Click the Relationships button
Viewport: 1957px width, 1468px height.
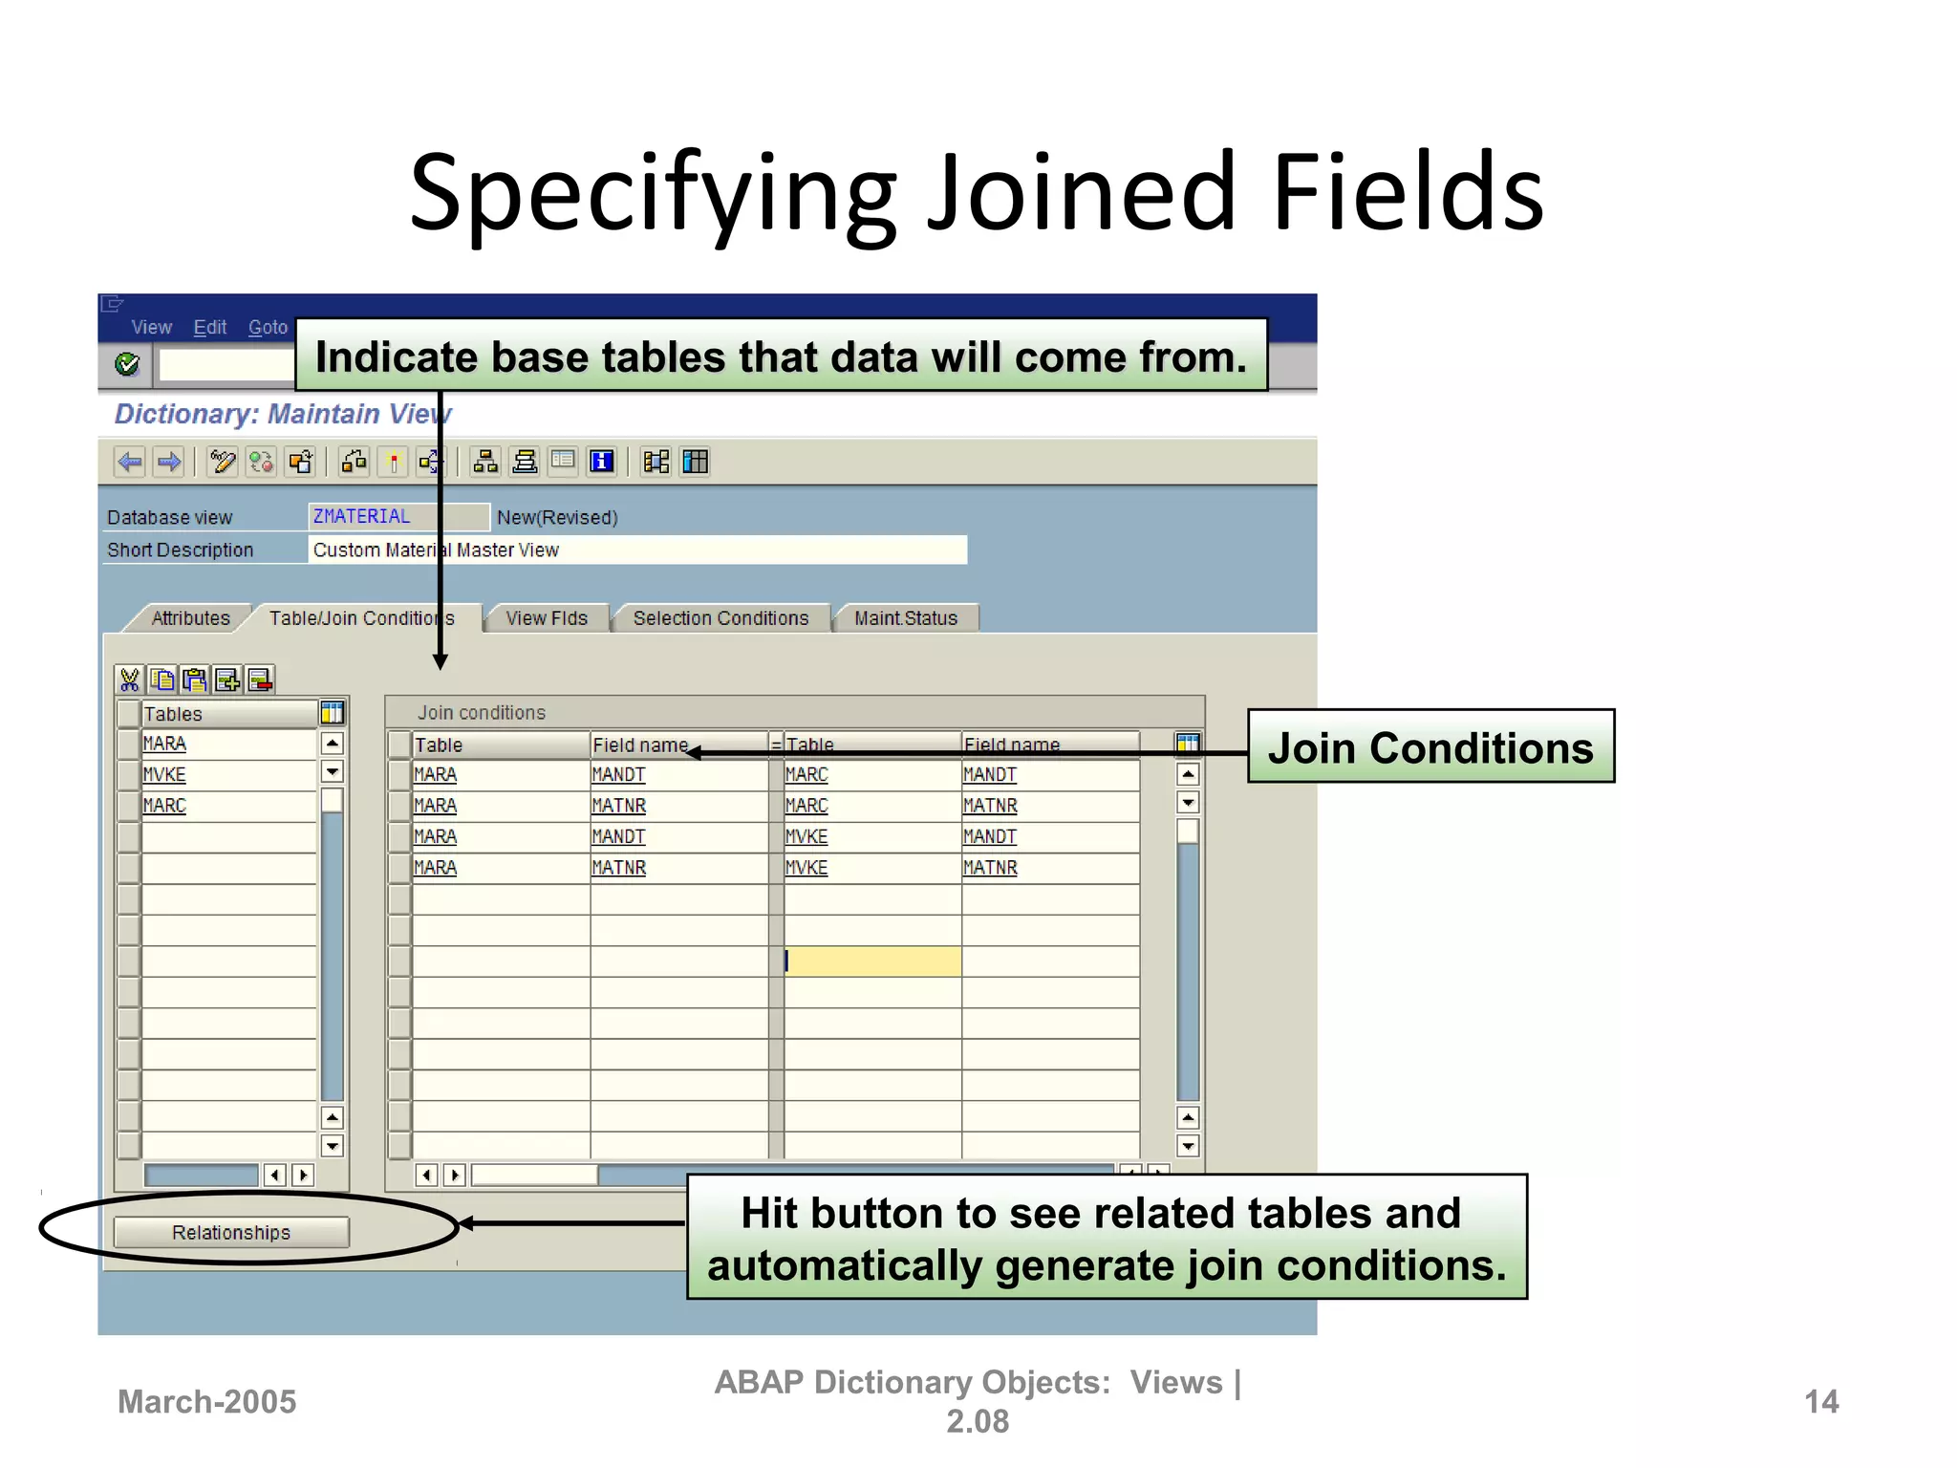230,1232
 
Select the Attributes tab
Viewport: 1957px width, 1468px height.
190,618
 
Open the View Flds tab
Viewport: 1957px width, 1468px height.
546,618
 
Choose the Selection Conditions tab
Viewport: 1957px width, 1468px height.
720,618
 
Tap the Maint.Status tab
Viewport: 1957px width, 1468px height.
905,618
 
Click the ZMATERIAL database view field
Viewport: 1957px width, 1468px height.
397,517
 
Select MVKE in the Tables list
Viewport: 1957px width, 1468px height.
164,775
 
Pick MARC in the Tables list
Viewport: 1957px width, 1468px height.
164,806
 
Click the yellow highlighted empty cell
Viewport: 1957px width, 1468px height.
871,961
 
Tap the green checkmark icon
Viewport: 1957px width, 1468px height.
127,364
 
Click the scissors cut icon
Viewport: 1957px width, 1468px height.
129,680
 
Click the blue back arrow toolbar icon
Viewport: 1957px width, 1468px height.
130,463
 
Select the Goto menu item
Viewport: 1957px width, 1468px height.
268,328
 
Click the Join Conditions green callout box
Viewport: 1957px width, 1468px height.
1430,746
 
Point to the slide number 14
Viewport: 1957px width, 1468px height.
1820,1401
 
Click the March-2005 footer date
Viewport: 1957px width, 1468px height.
206,1401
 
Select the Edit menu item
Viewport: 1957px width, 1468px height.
209,328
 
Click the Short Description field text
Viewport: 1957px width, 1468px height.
436,550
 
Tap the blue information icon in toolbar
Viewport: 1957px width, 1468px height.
601,463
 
